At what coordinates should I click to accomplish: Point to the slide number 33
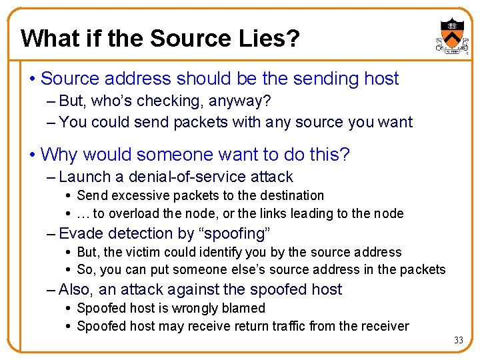(458, 340)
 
